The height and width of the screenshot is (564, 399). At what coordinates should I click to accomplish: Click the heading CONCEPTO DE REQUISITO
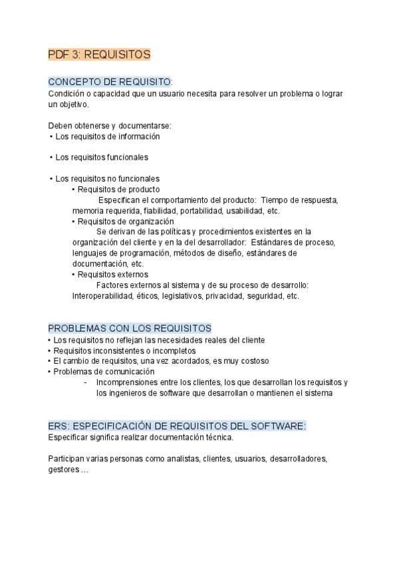[x=110, y=82]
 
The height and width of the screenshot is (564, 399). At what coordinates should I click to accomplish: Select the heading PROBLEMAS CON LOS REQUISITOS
[x=130, y=329]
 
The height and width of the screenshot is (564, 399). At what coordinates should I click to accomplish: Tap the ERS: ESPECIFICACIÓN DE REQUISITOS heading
[x=177, y=426]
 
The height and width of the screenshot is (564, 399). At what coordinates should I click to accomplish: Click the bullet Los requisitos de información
[x=107, y=136]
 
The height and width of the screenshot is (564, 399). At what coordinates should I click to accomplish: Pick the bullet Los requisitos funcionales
[x=101, y=158]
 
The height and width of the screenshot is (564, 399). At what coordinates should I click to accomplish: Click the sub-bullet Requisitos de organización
[x=126, y=221]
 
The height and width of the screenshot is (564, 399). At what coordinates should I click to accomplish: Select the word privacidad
[x=223, y=296]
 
